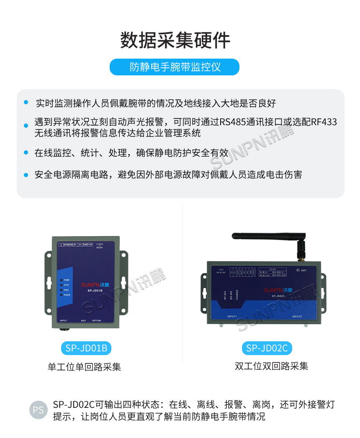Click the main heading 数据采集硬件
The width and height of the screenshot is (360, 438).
click(x=175, y=41)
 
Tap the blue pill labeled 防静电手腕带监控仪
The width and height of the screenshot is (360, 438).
click(x=175, y=67)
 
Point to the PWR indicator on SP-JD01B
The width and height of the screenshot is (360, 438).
click(x=66, y=280)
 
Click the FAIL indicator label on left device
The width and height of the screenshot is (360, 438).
click(x=66, y=290)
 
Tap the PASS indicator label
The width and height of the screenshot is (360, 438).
click(x=67, y=295)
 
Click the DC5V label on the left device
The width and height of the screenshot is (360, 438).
click(x=99, y=247)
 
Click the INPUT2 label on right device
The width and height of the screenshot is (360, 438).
click(x=298, y=316)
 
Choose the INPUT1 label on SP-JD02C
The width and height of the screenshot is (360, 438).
click(x=232, y=316)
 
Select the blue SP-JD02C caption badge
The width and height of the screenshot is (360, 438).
click(x=267, y=348)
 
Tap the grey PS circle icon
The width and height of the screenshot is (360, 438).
click(x=38, y=410)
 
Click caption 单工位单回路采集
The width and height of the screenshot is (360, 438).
click(x=85, y=367)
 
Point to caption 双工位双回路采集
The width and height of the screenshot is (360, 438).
click(x=271, y=366)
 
